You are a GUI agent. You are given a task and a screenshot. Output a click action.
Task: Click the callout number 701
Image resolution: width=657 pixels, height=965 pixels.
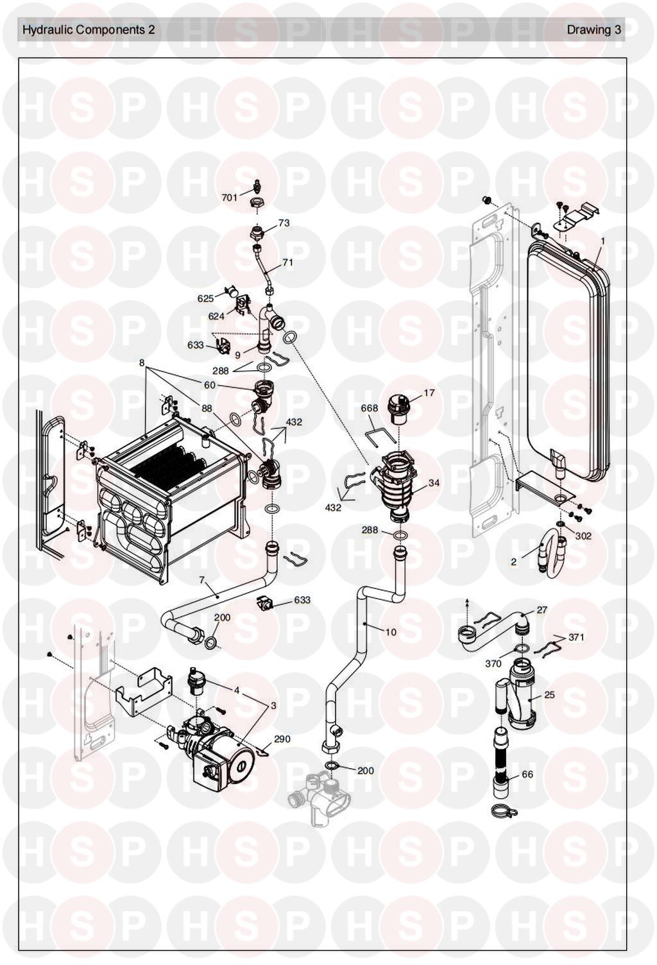230,198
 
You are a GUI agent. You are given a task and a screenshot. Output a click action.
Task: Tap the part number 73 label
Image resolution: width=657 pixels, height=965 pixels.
284,223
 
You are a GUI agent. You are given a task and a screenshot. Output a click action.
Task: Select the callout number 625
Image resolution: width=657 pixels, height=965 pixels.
205,298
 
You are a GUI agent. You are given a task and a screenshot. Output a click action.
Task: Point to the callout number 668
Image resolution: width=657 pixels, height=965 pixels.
369,407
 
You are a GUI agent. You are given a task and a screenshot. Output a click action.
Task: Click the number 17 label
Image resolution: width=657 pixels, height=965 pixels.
429,393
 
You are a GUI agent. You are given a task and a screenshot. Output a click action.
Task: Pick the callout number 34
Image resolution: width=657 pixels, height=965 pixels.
434,483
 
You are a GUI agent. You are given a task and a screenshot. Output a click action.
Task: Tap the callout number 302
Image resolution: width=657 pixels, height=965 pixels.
583,536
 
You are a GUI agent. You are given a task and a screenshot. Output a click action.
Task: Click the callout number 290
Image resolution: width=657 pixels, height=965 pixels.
282,739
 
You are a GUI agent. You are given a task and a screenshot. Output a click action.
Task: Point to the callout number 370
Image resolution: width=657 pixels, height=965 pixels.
493,664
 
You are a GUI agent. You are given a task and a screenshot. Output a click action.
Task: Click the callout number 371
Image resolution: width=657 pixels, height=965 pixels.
576,636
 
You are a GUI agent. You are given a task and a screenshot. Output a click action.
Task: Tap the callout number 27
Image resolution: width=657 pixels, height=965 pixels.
542,610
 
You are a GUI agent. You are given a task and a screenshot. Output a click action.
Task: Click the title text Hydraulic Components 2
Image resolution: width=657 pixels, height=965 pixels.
89,30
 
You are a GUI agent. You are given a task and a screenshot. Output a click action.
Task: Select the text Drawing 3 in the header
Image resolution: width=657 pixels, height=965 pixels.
594,30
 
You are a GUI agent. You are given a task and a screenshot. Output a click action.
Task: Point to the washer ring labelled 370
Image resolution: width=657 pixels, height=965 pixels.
521,649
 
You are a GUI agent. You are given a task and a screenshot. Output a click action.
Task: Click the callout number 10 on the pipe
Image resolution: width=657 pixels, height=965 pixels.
391,632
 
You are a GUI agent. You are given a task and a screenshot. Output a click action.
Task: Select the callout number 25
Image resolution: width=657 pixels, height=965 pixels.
550,695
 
